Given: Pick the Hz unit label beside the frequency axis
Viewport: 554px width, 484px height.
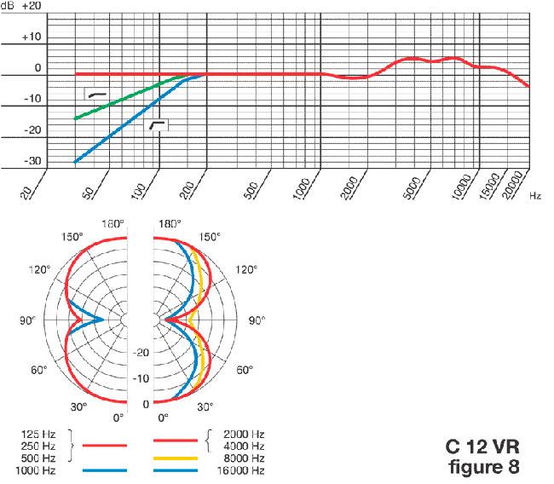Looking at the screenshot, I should [x=534, y=195].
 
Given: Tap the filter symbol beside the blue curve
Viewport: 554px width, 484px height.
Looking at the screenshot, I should [x=158, y=126].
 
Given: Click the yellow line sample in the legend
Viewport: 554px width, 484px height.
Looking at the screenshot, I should [x=176, y=458].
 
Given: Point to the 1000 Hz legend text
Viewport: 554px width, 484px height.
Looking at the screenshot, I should [x=44, y=471].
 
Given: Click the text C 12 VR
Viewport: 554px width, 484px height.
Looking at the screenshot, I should [x=482, y=447].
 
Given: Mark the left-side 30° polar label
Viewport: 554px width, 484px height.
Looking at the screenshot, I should [x=78, y=406].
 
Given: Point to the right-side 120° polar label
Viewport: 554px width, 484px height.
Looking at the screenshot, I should [x=246, y=269].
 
